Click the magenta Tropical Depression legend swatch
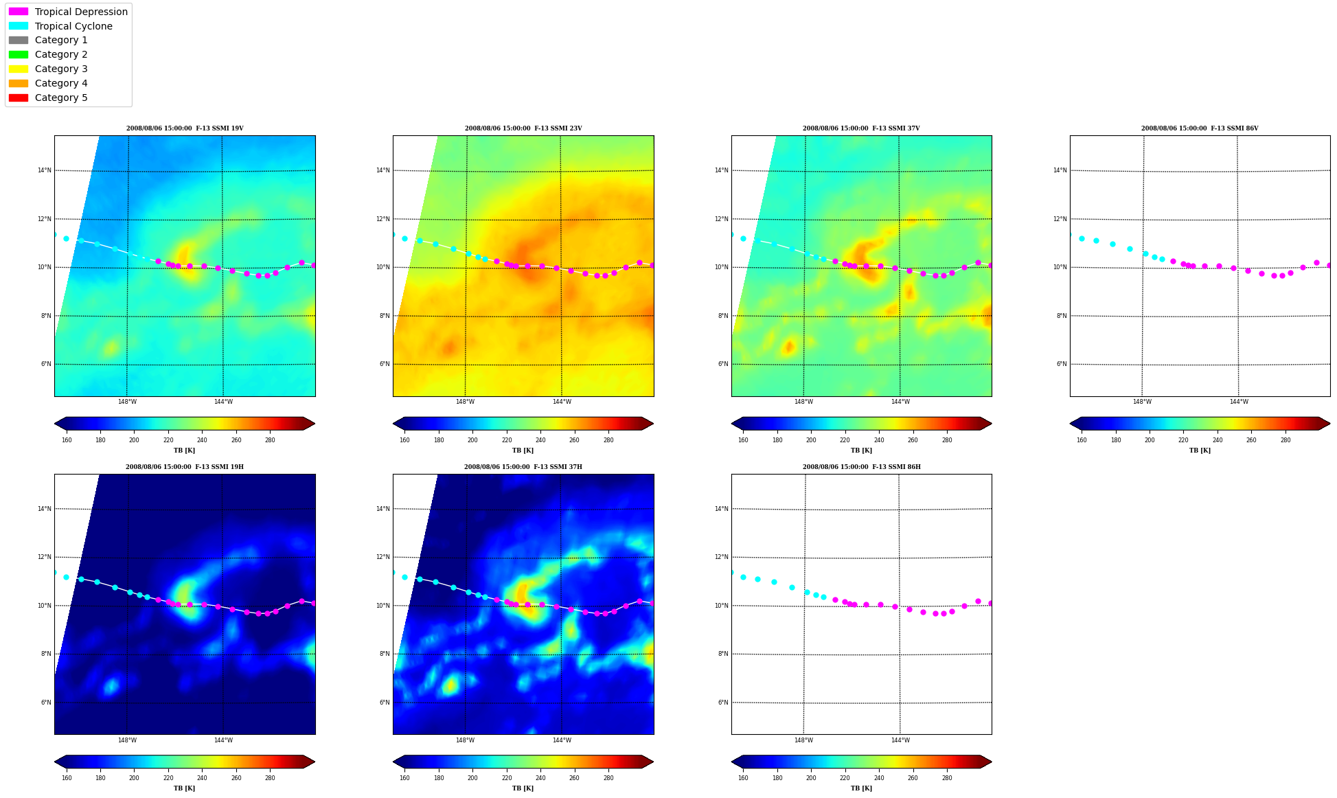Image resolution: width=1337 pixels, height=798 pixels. (19, 12)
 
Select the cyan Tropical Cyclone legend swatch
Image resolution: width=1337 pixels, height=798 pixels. (19, 26)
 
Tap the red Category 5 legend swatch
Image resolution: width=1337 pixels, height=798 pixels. (19, 98)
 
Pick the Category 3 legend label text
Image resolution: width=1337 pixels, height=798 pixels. (61, 69)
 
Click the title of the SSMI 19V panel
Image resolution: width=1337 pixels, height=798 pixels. (185, 128)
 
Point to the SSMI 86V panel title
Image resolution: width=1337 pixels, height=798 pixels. (1200, 128)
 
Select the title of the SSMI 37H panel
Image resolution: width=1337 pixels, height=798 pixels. (523, 467)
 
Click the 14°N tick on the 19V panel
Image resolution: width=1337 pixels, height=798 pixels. (44, 170)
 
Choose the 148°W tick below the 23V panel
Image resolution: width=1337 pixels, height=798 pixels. (465, 402)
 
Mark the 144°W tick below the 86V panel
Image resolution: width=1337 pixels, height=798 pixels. (1239, 402)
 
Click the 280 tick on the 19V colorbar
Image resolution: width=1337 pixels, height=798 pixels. (270, 440)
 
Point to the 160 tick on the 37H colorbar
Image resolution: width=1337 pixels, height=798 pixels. (404, 778)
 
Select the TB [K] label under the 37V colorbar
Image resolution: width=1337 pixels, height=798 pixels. (861, 451)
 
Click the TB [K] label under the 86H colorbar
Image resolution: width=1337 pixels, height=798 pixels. (861, 788)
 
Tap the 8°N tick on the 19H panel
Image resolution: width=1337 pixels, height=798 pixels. (46, 654)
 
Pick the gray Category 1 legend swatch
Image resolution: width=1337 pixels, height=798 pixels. (19, 40)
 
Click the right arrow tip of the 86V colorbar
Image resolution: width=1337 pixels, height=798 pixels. (1330, 423)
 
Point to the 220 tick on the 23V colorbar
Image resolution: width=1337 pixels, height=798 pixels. (507, 440)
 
